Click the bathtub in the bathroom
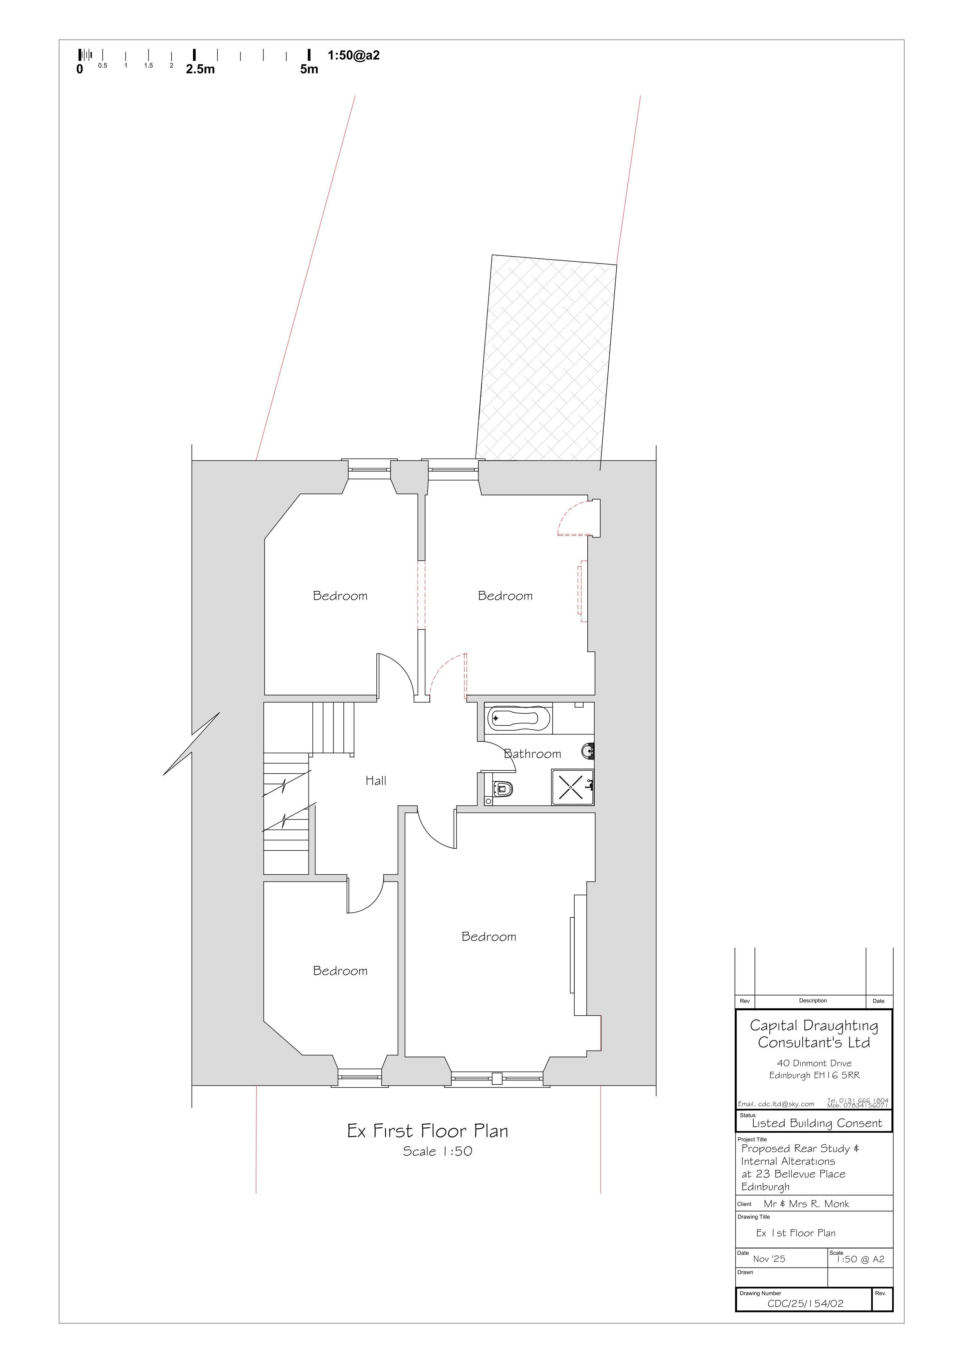pos(518,719)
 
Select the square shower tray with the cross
pos(572,787)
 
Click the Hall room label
pos(376,781)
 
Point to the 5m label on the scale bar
pos(309,69)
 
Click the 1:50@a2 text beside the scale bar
pos(354,55)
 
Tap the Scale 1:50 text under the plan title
pos(438,1152)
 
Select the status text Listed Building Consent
pos(817,1123)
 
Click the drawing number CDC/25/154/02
pos(806,1304)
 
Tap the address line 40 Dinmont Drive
pos(814,1063)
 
